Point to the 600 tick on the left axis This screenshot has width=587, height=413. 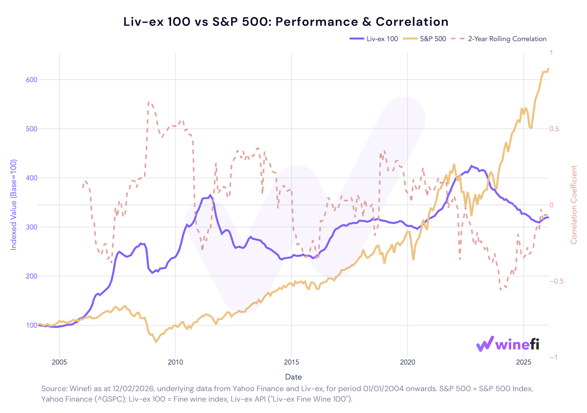pos(31,80)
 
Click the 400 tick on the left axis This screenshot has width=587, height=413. pos(31,178)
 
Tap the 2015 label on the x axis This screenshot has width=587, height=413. pos(291,362)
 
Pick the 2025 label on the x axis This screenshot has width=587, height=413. pos(524,362)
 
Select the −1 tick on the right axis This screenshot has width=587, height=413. pos(554,357)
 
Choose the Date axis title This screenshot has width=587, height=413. pos(293,377)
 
